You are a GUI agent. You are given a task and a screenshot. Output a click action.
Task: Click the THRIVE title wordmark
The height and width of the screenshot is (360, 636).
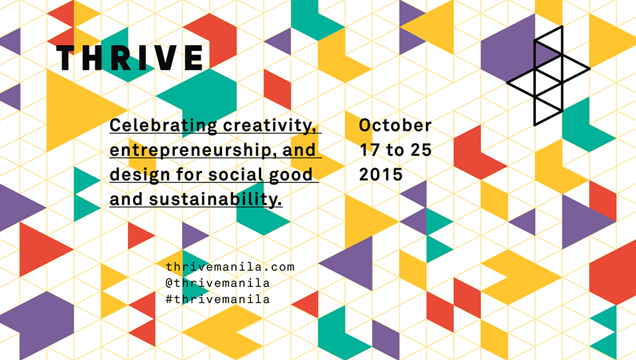[x=129, y=58]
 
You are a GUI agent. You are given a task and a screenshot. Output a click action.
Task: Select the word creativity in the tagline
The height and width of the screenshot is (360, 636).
[x=270, y=126]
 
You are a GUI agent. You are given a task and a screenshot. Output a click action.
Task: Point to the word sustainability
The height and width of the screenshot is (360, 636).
[x=215, y=199]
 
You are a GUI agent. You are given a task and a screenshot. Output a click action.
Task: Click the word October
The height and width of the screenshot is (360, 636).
[x=395, y=125]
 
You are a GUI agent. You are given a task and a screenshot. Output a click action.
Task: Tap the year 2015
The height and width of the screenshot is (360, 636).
[x=381, y=174]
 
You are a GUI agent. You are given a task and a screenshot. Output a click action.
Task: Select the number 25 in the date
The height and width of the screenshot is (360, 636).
[x=421, y=150]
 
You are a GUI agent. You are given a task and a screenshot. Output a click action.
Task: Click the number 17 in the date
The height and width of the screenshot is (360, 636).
[x=370, y=150]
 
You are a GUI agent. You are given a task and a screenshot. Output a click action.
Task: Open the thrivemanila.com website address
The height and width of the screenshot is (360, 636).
[x=230, y=267]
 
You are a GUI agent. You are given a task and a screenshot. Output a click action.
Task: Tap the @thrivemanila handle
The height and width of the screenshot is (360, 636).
[x=218, y=283]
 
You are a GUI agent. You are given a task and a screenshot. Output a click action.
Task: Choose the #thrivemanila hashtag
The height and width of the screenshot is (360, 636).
[x=218, y=299]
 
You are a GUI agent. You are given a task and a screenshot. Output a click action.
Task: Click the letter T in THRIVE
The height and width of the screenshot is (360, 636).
[x=66, y=58]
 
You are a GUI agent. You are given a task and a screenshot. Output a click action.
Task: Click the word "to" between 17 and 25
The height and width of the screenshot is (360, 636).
[x=395, y=150]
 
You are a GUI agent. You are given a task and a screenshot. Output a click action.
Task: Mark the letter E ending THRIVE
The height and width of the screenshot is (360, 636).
[x=194, y=58]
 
